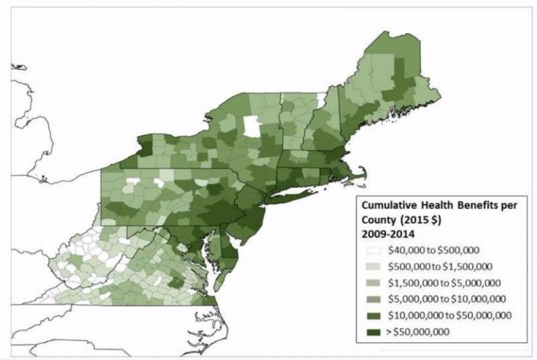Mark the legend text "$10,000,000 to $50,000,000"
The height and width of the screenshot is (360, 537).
click(x=445, y=315)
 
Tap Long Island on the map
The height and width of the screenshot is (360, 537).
click(x=294, y=195)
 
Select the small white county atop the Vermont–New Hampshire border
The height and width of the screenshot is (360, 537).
click(x=320, y=99)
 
